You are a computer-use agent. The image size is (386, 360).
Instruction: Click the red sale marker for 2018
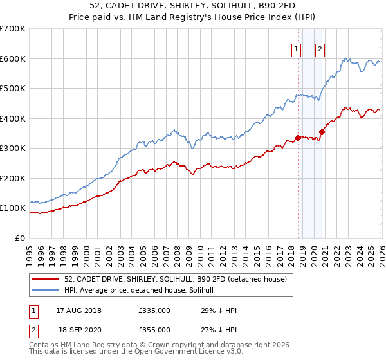298,138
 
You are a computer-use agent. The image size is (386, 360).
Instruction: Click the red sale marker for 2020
322,132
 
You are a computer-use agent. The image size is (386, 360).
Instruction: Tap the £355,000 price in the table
154,330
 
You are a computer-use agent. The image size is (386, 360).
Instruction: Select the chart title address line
193,6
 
